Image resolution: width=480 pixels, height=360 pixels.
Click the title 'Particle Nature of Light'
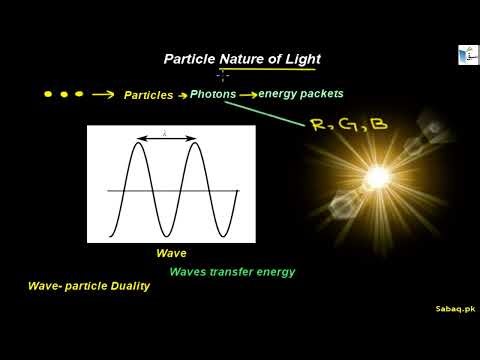tap(241, 60)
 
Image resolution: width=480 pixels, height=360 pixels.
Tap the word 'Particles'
tap(148, 96)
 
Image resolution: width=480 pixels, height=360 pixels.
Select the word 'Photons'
tap(213, 94)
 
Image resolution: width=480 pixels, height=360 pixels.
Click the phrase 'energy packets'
tap(300, 94)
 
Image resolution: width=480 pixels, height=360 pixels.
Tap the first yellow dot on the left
tap(49, 94)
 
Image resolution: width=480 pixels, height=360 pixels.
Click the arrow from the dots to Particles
tap(102, 95)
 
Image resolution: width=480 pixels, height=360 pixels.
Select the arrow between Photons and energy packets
tap(247, 95)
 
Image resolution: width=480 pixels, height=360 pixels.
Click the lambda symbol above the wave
tap(165, 132)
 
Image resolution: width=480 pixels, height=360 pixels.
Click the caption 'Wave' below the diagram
tap(171, 254)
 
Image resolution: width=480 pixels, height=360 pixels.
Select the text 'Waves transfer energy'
tap(232, 272)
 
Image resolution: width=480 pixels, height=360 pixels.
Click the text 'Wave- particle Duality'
tap(89, 286)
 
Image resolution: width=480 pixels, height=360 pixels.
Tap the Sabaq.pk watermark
tap(455, 310)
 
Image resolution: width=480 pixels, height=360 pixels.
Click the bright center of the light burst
tap(377, 178)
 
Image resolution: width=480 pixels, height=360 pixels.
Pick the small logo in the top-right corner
tap(467, 55)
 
